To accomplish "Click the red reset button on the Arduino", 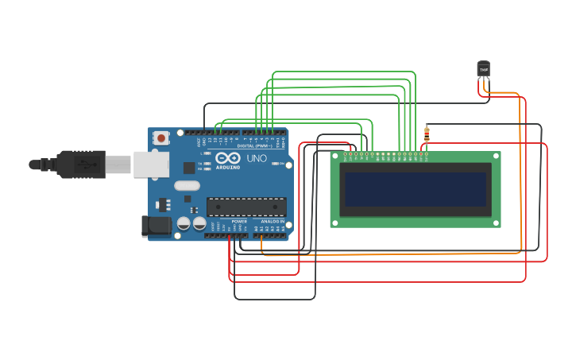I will pos(162,137).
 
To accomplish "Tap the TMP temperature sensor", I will pos(483,69).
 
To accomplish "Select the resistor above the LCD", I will pos(427,134).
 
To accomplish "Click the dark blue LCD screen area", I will pos(415,189).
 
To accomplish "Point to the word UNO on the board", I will pos(257,159).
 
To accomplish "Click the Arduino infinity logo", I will pos(228,158).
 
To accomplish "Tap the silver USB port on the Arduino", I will pos(150,165).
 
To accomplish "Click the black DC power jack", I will pos(157,226).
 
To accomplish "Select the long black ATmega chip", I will pos(246,207).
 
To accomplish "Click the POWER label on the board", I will pos(239,221).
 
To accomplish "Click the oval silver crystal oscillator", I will pos(187,186).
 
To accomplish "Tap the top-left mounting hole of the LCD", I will pos(335,156).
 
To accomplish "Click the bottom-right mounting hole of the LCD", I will pos(497,223).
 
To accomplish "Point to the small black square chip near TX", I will pos(189,168).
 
